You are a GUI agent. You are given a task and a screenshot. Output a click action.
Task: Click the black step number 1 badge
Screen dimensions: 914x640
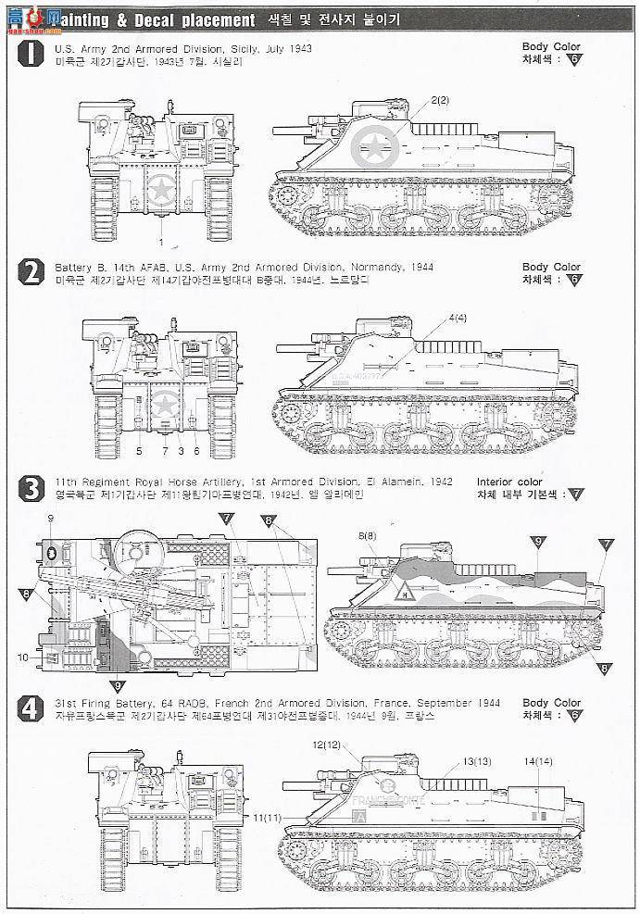(x=31, y=54)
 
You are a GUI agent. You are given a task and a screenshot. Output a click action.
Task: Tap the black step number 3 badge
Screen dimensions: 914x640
(x=31, y=489)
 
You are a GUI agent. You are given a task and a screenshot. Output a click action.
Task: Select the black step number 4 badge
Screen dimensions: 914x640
(x=31, y=709)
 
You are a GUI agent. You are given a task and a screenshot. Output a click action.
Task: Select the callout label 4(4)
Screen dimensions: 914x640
(x=458, y=319)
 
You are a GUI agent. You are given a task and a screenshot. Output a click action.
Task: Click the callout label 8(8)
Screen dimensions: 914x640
(x=368, y=536)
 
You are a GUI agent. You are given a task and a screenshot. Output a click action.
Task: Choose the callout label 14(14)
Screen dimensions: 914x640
(x=537, y=761)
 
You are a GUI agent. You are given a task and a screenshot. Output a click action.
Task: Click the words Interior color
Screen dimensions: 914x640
(x=509, y=482)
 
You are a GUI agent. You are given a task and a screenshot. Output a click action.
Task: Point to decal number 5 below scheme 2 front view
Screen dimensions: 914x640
(x=138, y=451)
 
